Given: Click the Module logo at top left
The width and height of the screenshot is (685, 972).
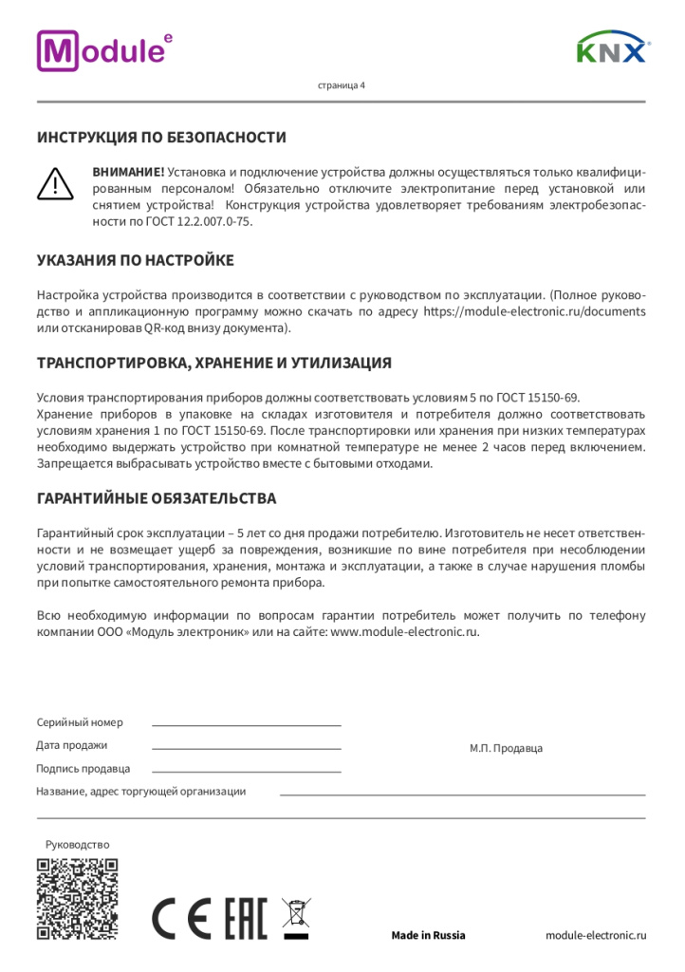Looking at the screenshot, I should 104,50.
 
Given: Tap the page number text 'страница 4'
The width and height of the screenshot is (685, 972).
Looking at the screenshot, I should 341,84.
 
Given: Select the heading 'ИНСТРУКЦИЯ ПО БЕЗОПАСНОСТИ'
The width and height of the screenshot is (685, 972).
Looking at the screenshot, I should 161,138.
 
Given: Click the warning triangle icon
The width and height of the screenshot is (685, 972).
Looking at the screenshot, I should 56,182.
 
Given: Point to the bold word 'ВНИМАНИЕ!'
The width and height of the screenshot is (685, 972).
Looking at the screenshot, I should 128,172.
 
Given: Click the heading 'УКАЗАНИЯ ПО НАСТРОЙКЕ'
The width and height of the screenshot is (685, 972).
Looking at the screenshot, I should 135,260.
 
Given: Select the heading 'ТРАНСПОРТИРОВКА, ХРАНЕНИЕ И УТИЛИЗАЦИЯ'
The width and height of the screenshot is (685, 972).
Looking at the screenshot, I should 213,364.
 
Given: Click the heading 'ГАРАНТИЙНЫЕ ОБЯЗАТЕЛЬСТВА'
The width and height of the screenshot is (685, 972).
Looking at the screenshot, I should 157,498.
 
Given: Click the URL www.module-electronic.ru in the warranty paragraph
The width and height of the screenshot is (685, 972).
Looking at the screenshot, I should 403,631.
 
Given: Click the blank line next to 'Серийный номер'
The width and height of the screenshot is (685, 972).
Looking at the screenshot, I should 246,724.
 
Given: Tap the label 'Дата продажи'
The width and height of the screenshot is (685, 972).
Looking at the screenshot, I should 72,745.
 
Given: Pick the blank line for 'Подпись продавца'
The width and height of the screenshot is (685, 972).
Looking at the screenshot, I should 246,772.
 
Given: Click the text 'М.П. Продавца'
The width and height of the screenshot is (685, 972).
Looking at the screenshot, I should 506,748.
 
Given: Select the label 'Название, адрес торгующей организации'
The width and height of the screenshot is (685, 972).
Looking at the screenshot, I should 140,791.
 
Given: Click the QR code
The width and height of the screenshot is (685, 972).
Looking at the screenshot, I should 77,898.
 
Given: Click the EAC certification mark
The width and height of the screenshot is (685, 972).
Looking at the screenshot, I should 245,918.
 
